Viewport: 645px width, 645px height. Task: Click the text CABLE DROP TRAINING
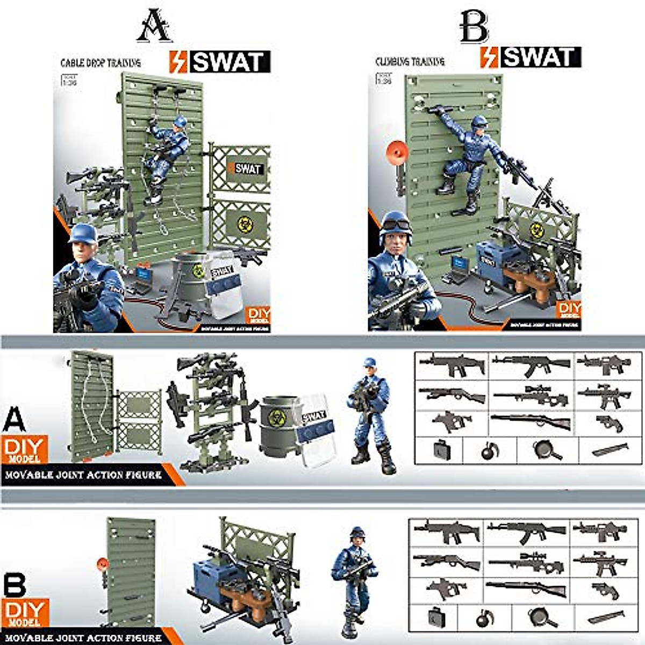(x=101, y=63)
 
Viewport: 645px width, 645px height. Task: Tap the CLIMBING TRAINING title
(x=410, y=62)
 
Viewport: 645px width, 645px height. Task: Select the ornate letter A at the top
(x=154, y=27)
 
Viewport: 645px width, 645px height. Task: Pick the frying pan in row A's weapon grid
(x=547, y=450)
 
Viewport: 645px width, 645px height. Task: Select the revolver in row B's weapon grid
(x=605, y=590)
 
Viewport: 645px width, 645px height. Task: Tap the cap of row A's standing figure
(x=369, y=363)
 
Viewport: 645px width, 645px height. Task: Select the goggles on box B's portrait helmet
(x=396, y=217)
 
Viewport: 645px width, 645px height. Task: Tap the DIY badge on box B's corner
(x=569, y=311)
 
